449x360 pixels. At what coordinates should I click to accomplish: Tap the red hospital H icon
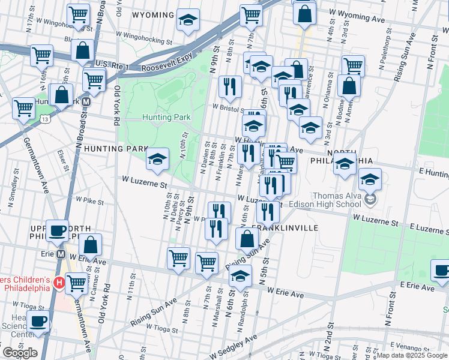click(59, 282)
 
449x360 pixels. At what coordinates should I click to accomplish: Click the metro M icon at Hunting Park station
click(86, 102)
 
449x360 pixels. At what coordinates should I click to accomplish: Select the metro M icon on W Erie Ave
click(61, 254)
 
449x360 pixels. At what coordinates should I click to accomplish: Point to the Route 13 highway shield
click(46, 119)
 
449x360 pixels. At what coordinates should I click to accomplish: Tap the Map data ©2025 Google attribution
click(412, 355)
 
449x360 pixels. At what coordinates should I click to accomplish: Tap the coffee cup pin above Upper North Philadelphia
click(58, 231)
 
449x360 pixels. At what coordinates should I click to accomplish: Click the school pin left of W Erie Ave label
click(240, 277)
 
